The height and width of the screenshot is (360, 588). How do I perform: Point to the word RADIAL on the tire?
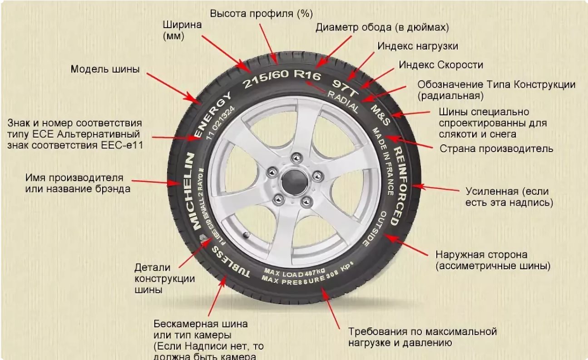[343, 101]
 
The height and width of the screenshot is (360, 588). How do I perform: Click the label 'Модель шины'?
[105, 69]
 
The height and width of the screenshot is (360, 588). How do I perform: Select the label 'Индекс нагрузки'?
[418, 46]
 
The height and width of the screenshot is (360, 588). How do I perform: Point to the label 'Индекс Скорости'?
[441, 65]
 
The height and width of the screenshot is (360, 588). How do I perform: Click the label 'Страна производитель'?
[496, 148]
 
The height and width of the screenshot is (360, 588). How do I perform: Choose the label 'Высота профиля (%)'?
[261, 13]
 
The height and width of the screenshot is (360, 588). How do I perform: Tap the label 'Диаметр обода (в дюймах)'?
[382, 27]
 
